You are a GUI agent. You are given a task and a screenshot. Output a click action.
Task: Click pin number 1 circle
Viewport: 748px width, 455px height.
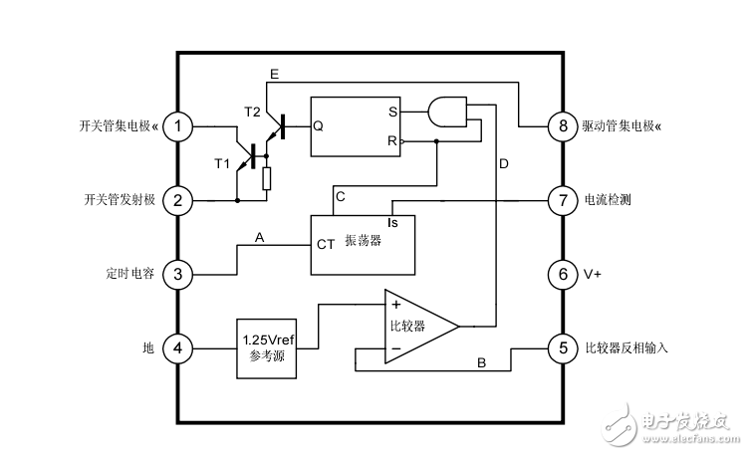point(178,126)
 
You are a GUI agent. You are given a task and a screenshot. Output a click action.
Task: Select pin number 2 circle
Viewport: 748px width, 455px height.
point(178,201)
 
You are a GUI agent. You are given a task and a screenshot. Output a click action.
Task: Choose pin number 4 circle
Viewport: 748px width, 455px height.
point(178,348)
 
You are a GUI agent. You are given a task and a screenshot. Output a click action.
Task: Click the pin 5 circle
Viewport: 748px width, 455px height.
point(563,348)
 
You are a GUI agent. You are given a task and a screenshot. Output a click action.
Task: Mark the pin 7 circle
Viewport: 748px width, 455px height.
point(563,201)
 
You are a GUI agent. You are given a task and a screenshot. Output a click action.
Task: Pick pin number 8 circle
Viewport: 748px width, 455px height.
point(563,126)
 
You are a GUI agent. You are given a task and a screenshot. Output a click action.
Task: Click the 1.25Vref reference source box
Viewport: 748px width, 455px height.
point(266,348)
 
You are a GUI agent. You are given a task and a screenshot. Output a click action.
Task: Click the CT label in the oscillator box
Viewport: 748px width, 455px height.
point(326,242)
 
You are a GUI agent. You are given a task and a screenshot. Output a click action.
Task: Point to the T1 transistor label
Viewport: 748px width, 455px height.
point(223,163)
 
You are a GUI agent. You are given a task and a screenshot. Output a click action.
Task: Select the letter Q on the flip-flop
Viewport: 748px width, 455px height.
point(318,126)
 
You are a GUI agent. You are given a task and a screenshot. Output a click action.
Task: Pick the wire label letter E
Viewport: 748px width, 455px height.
point(274,75)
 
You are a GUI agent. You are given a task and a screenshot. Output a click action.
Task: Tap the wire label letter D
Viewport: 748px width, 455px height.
point(504,163)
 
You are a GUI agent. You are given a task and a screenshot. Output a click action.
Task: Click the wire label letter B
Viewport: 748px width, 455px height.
point(481,363)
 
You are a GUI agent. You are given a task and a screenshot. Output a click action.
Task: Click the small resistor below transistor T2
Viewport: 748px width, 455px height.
point(266,178)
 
